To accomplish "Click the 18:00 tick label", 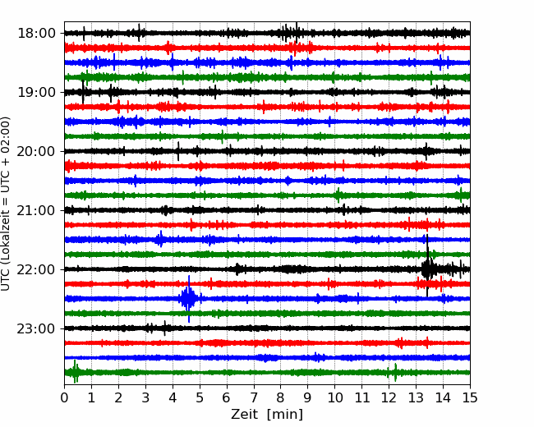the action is pos(36,34).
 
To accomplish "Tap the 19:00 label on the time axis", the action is pos(36,92).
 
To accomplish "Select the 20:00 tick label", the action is pos(36,151).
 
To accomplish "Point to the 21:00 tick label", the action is pos(36,210).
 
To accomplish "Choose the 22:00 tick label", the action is pos(36,269).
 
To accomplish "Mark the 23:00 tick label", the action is pos(36,328).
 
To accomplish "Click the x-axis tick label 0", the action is pos(64,397).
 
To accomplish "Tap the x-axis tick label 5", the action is pos(200,397).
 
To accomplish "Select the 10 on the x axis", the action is pos(334,397).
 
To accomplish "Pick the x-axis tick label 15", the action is pos(470,397).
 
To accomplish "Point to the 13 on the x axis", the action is pos(416,397).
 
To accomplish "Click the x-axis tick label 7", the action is pos(254,397).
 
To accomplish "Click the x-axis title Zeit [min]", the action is pos(267,415).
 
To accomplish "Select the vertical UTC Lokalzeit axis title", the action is pos(5,204).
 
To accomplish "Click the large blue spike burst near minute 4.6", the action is pos(189,299).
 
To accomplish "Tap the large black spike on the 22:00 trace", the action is pos(427,265).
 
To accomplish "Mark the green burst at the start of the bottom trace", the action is pos(75,371).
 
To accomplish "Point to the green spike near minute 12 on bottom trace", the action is pos(395,372).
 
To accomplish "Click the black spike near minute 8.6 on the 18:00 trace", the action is pos(297,33).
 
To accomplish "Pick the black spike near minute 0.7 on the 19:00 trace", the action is pos(83,92).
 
